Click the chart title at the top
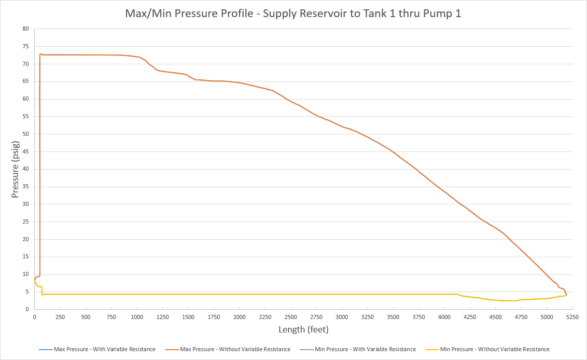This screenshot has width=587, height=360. (x=293, y=13)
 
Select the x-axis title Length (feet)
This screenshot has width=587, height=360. (x=303, y=329)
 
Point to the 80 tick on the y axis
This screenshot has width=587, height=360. (x=25, y=29)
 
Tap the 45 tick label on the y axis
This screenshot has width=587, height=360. (x=25, y=151)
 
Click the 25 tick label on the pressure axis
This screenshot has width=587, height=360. (x=25, y=221)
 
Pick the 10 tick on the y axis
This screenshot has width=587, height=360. (x=25, y=274)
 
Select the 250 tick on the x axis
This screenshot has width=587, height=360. (x=60, y=317)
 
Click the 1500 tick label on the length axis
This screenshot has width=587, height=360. (x=188, y=317)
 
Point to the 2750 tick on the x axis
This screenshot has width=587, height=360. (x=316, y=317)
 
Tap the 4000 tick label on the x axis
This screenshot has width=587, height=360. (x=444, y=317)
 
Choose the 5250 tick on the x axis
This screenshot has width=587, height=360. (x=572, y=317)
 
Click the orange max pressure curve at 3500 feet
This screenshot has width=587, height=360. (x=393, y=153)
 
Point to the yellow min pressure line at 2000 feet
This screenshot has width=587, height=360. (x=239, y=294)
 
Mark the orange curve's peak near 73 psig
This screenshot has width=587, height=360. (x=41, y=54)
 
